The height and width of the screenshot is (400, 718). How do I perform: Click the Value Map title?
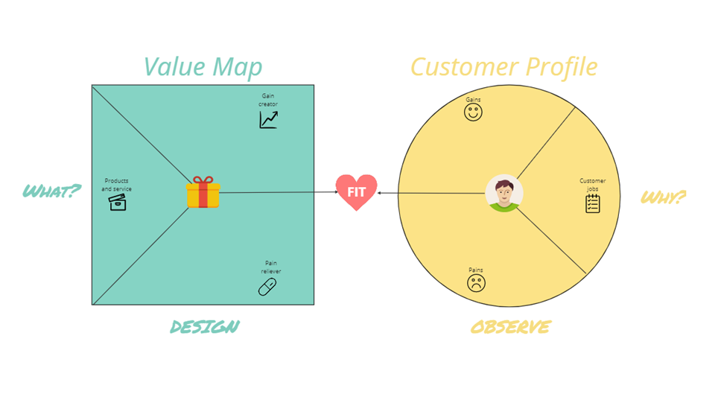203,67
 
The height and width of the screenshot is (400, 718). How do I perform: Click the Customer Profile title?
503,67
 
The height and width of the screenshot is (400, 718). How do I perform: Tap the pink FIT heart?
356,192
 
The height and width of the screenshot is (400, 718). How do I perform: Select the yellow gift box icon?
203,192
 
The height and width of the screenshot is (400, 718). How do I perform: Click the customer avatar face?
504,193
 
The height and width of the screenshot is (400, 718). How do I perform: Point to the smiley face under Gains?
473,112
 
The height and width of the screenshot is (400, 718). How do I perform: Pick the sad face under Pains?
476,283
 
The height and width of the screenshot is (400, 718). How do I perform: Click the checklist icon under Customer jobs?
593,203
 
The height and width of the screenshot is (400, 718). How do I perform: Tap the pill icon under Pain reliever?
267,287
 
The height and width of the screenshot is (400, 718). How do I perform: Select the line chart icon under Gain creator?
268,120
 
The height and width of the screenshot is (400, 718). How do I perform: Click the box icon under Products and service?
117,202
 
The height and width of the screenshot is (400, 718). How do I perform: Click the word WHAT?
51,191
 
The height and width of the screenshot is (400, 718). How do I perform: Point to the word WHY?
663,197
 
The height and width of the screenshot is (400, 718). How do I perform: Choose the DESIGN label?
205,327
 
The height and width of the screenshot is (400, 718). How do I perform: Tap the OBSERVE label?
510,327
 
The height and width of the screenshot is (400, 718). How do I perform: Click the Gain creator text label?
268,100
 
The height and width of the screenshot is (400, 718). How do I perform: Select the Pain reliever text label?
271,267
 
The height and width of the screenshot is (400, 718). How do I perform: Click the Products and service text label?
116,185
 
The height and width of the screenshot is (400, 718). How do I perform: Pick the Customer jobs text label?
593,185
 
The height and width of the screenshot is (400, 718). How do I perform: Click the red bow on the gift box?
203,180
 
